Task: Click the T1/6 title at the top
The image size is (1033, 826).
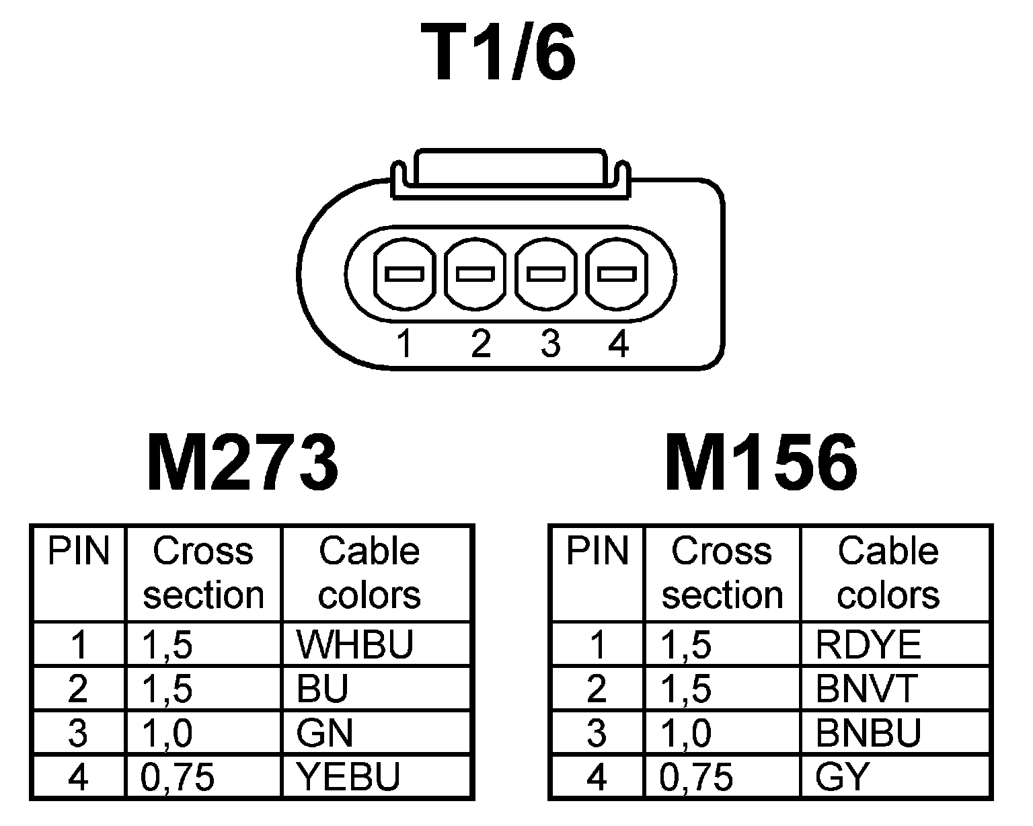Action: pyautogui.click(x=498, y=54)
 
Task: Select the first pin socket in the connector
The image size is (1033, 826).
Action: pyautogui.click(x=404, y=274)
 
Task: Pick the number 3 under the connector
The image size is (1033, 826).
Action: pyautogui.click(x=550, y=344)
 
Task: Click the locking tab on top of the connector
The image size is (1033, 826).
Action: pyautogui.click(x=511, y=168)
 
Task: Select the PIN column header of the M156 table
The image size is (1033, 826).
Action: pyautogui.click(x=597, y=552)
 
